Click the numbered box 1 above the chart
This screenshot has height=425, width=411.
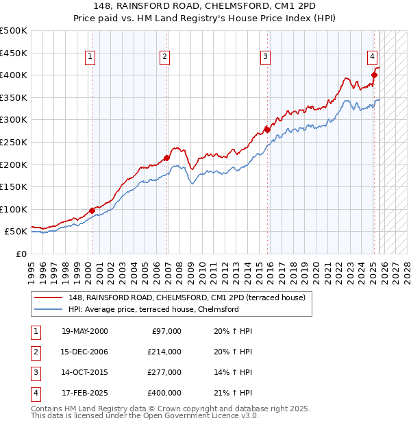90,57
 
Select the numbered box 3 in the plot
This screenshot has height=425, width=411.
265,57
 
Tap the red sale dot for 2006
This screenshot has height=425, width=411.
167,158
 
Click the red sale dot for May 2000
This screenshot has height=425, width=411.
92,210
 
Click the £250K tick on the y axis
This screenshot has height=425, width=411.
14,142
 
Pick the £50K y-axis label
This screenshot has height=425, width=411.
16,232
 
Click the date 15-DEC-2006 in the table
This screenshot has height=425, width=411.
84,351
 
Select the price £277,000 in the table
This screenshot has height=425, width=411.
164,372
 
